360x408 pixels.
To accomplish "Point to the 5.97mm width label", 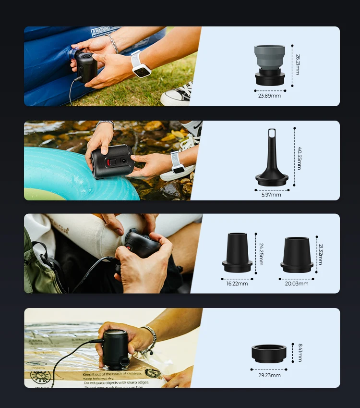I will tap(272, 195).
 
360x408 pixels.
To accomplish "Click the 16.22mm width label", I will tap(237, 284).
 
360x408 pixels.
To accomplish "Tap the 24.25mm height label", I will tap(261, 254).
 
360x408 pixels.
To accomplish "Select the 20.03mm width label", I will tap(297, 284).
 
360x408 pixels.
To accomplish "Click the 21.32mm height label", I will tap(320, 254).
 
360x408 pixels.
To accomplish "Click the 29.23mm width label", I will tap(269, 375).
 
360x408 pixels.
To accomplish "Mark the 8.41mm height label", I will tap(300, 352).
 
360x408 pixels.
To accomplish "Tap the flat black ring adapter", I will tap(269, 353).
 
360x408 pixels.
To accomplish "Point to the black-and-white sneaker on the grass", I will tap(177, 95).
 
